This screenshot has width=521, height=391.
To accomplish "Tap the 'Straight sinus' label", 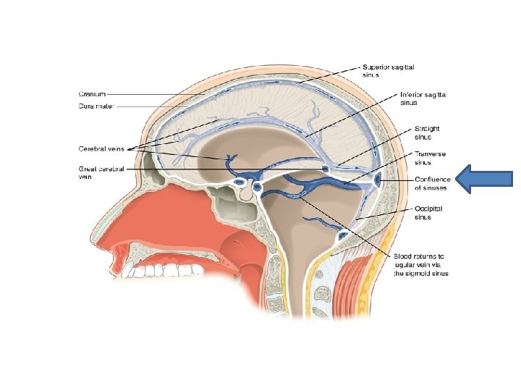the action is (428, 133).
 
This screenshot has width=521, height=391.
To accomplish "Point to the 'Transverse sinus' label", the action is (431, 158).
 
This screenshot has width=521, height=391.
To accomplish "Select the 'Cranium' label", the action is (93, 93).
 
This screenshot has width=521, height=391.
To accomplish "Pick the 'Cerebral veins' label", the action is (101, 149).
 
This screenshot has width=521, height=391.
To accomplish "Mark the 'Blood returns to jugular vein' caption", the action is (421, 265).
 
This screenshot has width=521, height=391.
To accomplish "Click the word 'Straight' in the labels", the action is (428, 129).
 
